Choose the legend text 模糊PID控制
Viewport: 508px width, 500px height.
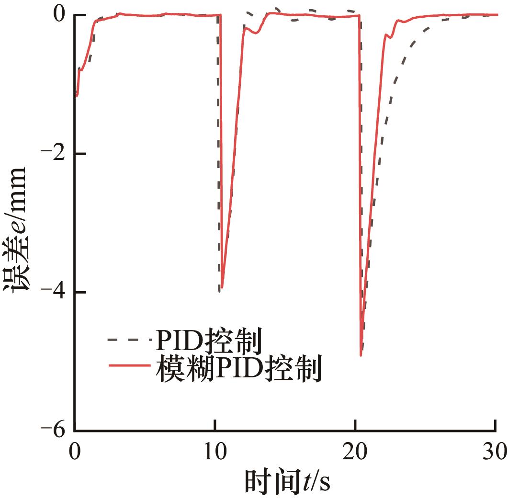[x=237, y=370]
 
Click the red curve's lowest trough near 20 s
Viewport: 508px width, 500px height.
[x=361, y=355]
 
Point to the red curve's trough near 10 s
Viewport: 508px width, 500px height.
[x=222, y=287]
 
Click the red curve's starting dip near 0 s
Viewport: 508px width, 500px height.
[x=77, y=96]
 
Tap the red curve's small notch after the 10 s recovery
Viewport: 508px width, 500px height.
[x=256, y=33]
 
